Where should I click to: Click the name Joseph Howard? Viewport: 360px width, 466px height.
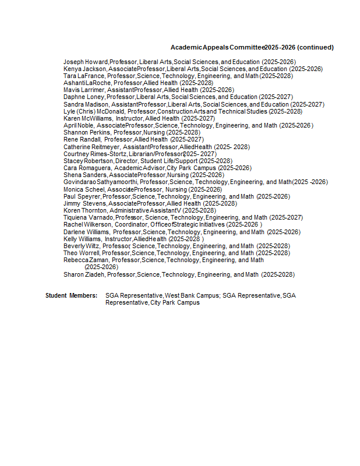tap(86, 62)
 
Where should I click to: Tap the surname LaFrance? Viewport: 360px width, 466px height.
tap(90, 76)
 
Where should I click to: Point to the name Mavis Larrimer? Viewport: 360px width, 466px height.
tap(84, 90)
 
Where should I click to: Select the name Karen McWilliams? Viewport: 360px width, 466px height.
tap(87, 118)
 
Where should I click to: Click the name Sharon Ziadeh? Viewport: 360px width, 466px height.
tap(84, 274)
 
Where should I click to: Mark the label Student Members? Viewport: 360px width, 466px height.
tap(72, 296)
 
